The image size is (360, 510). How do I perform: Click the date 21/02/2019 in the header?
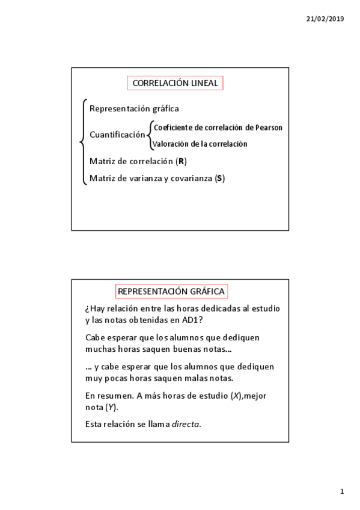point(325,19)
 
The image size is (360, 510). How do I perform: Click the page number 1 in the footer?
point(342,492)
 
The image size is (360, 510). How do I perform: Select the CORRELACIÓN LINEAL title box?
point(175,83)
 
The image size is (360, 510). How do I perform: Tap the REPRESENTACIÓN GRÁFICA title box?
point(171,292)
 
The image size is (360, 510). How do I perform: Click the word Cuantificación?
point(117,135)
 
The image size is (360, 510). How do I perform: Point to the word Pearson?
point(268,127)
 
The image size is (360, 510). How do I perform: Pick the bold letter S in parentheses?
point(219,179)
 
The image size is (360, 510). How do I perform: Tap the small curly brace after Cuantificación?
point(150,135)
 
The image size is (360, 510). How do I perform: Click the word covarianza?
point(191,179)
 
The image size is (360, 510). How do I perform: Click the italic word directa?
point(186,424)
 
